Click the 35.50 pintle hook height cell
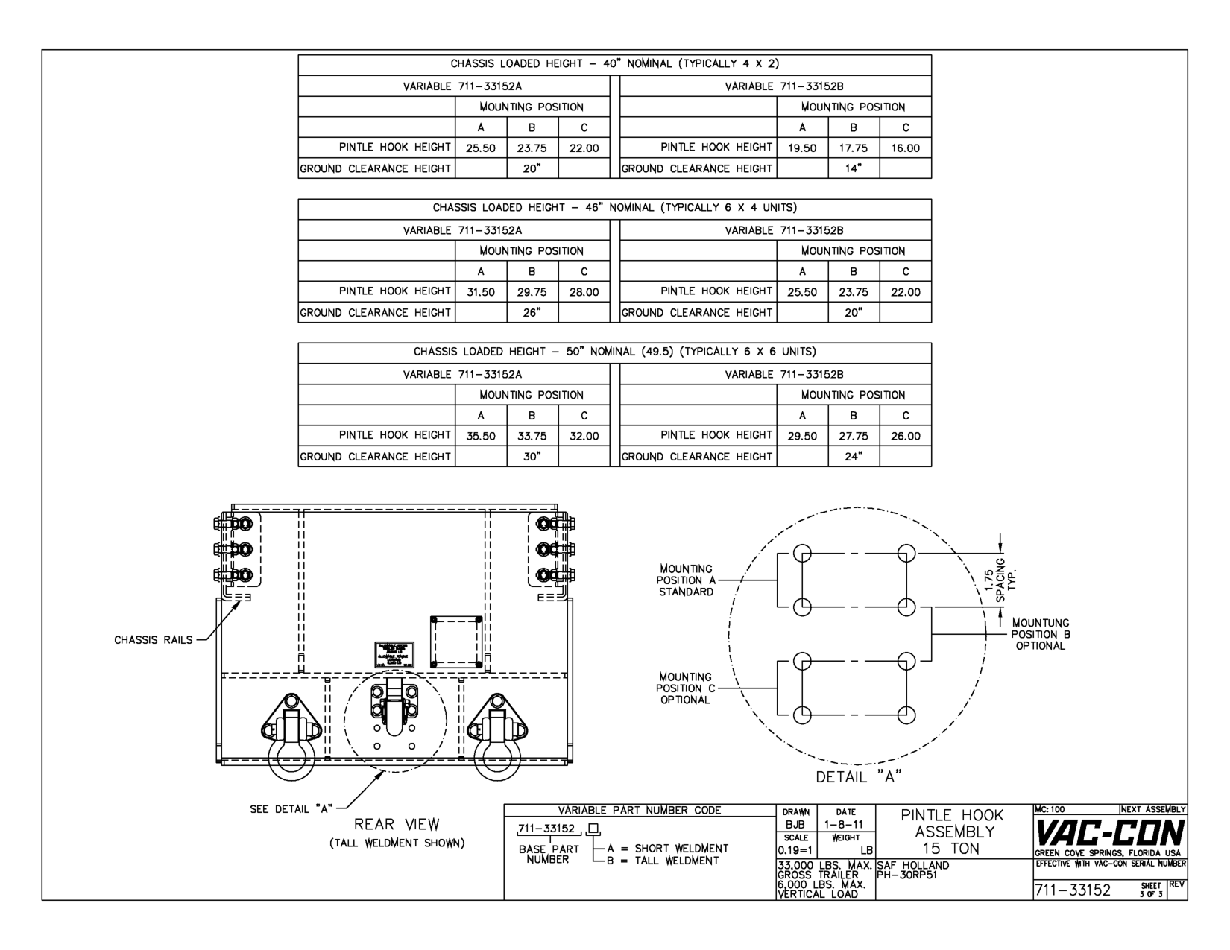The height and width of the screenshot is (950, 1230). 481,436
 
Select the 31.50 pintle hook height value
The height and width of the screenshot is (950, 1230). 481,292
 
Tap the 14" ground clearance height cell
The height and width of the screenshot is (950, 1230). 854,169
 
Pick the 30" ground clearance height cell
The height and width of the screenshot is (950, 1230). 532,457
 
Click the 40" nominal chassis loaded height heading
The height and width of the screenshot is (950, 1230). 614,64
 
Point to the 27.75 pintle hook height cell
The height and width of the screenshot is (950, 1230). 854,436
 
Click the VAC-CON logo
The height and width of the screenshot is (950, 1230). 1110,833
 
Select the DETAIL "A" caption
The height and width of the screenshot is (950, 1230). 859,777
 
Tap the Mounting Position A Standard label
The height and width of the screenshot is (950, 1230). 685,580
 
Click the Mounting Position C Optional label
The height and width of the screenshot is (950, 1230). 685,688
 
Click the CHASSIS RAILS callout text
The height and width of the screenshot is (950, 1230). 153,640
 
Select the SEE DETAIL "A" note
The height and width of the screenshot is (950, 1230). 290,809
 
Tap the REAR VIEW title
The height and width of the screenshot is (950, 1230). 397,825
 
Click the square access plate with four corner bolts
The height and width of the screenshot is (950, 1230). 456,642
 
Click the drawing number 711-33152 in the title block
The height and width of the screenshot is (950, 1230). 1074,890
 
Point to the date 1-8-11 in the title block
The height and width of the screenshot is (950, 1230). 845,825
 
